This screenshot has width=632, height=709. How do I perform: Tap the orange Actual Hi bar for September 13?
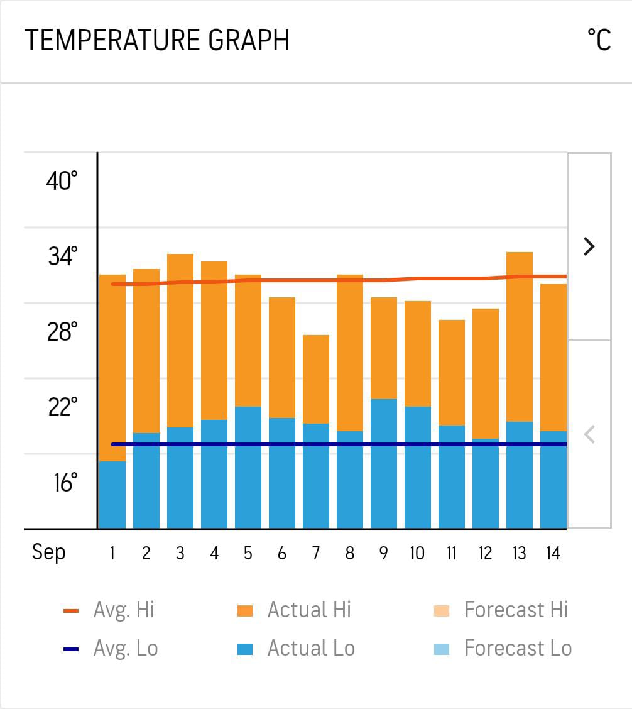520,336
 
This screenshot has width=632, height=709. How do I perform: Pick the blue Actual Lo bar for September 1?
112,495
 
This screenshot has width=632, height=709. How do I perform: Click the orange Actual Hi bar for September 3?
180,340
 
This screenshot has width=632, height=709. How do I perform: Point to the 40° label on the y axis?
62,181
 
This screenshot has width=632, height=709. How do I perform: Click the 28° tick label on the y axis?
62,331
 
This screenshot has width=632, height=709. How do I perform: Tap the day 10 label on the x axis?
417,553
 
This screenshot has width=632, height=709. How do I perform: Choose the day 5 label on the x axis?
248,553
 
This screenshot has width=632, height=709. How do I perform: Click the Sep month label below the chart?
48,552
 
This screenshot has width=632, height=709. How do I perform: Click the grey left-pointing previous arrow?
589,434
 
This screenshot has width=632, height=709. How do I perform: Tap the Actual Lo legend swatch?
245,649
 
